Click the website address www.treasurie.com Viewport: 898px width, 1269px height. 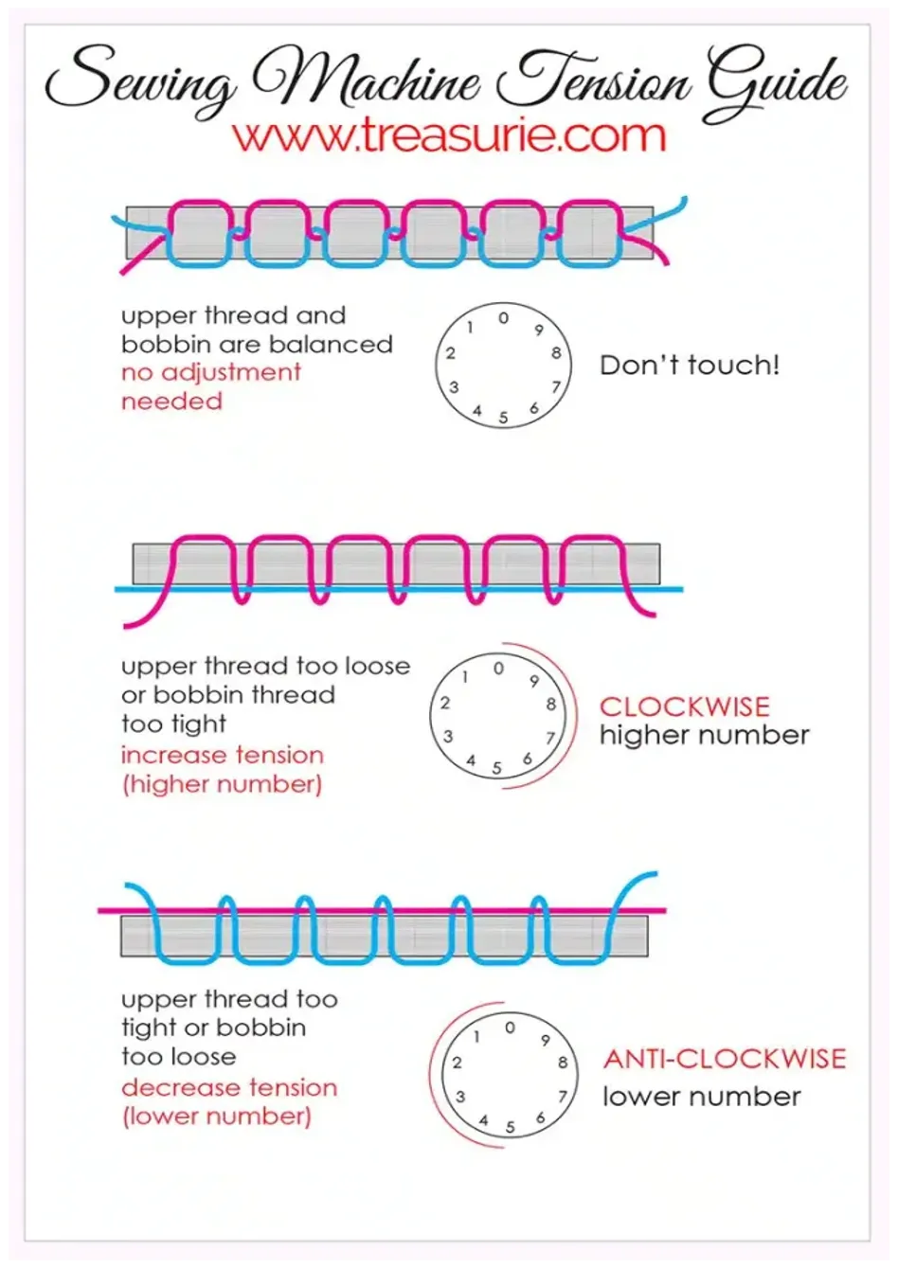[x=449, y=134]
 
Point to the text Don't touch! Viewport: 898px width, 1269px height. [x=690, y=365]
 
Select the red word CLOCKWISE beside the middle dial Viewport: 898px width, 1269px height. [x=685, y=706]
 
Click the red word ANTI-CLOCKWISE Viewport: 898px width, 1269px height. [x=725, y=1059]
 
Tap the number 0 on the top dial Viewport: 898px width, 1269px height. [x=503, y=318]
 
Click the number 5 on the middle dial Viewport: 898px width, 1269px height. [x=497, y=768]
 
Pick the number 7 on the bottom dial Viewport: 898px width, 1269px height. [x=562, y=1097]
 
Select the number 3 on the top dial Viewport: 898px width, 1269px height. [x=454, y=388]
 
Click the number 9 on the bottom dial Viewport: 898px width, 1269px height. [x=545, y=1040]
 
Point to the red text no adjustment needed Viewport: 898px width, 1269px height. [x=210, y=387]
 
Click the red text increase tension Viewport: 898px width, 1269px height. [x=222, y=755]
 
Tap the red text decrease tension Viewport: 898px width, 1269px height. [x=229, y=1088]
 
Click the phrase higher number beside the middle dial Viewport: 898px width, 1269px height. [x=705, y=735]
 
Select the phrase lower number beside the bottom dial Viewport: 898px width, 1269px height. [x=701, y=1098]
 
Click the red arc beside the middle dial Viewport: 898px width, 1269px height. [x=576, y=715]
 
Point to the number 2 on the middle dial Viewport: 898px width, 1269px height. [x=445, y=703]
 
